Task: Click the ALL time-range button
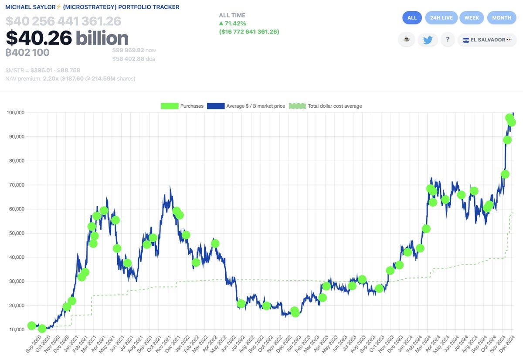tap(412, 18)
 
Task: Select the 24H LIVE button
tap(441, 18)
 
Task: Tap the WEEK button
tap(472, 18)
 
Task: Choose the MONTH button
tap(502, 18)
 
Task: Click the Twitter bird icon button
tap(428, 40)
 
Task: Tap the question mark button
tap(448, 40)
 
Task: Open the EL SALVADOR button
tap(487, 40)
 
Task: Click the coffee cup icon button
tap(406, 40)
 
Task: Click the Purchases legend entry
tap(182, 106)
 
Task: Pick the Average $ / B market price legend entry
tap(246, 106)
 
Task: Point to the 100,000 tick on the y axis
tap(15, 113)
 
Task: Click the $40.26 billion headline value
tap(67, 38)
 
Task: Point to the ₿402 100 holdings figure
tap(27, 52)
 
